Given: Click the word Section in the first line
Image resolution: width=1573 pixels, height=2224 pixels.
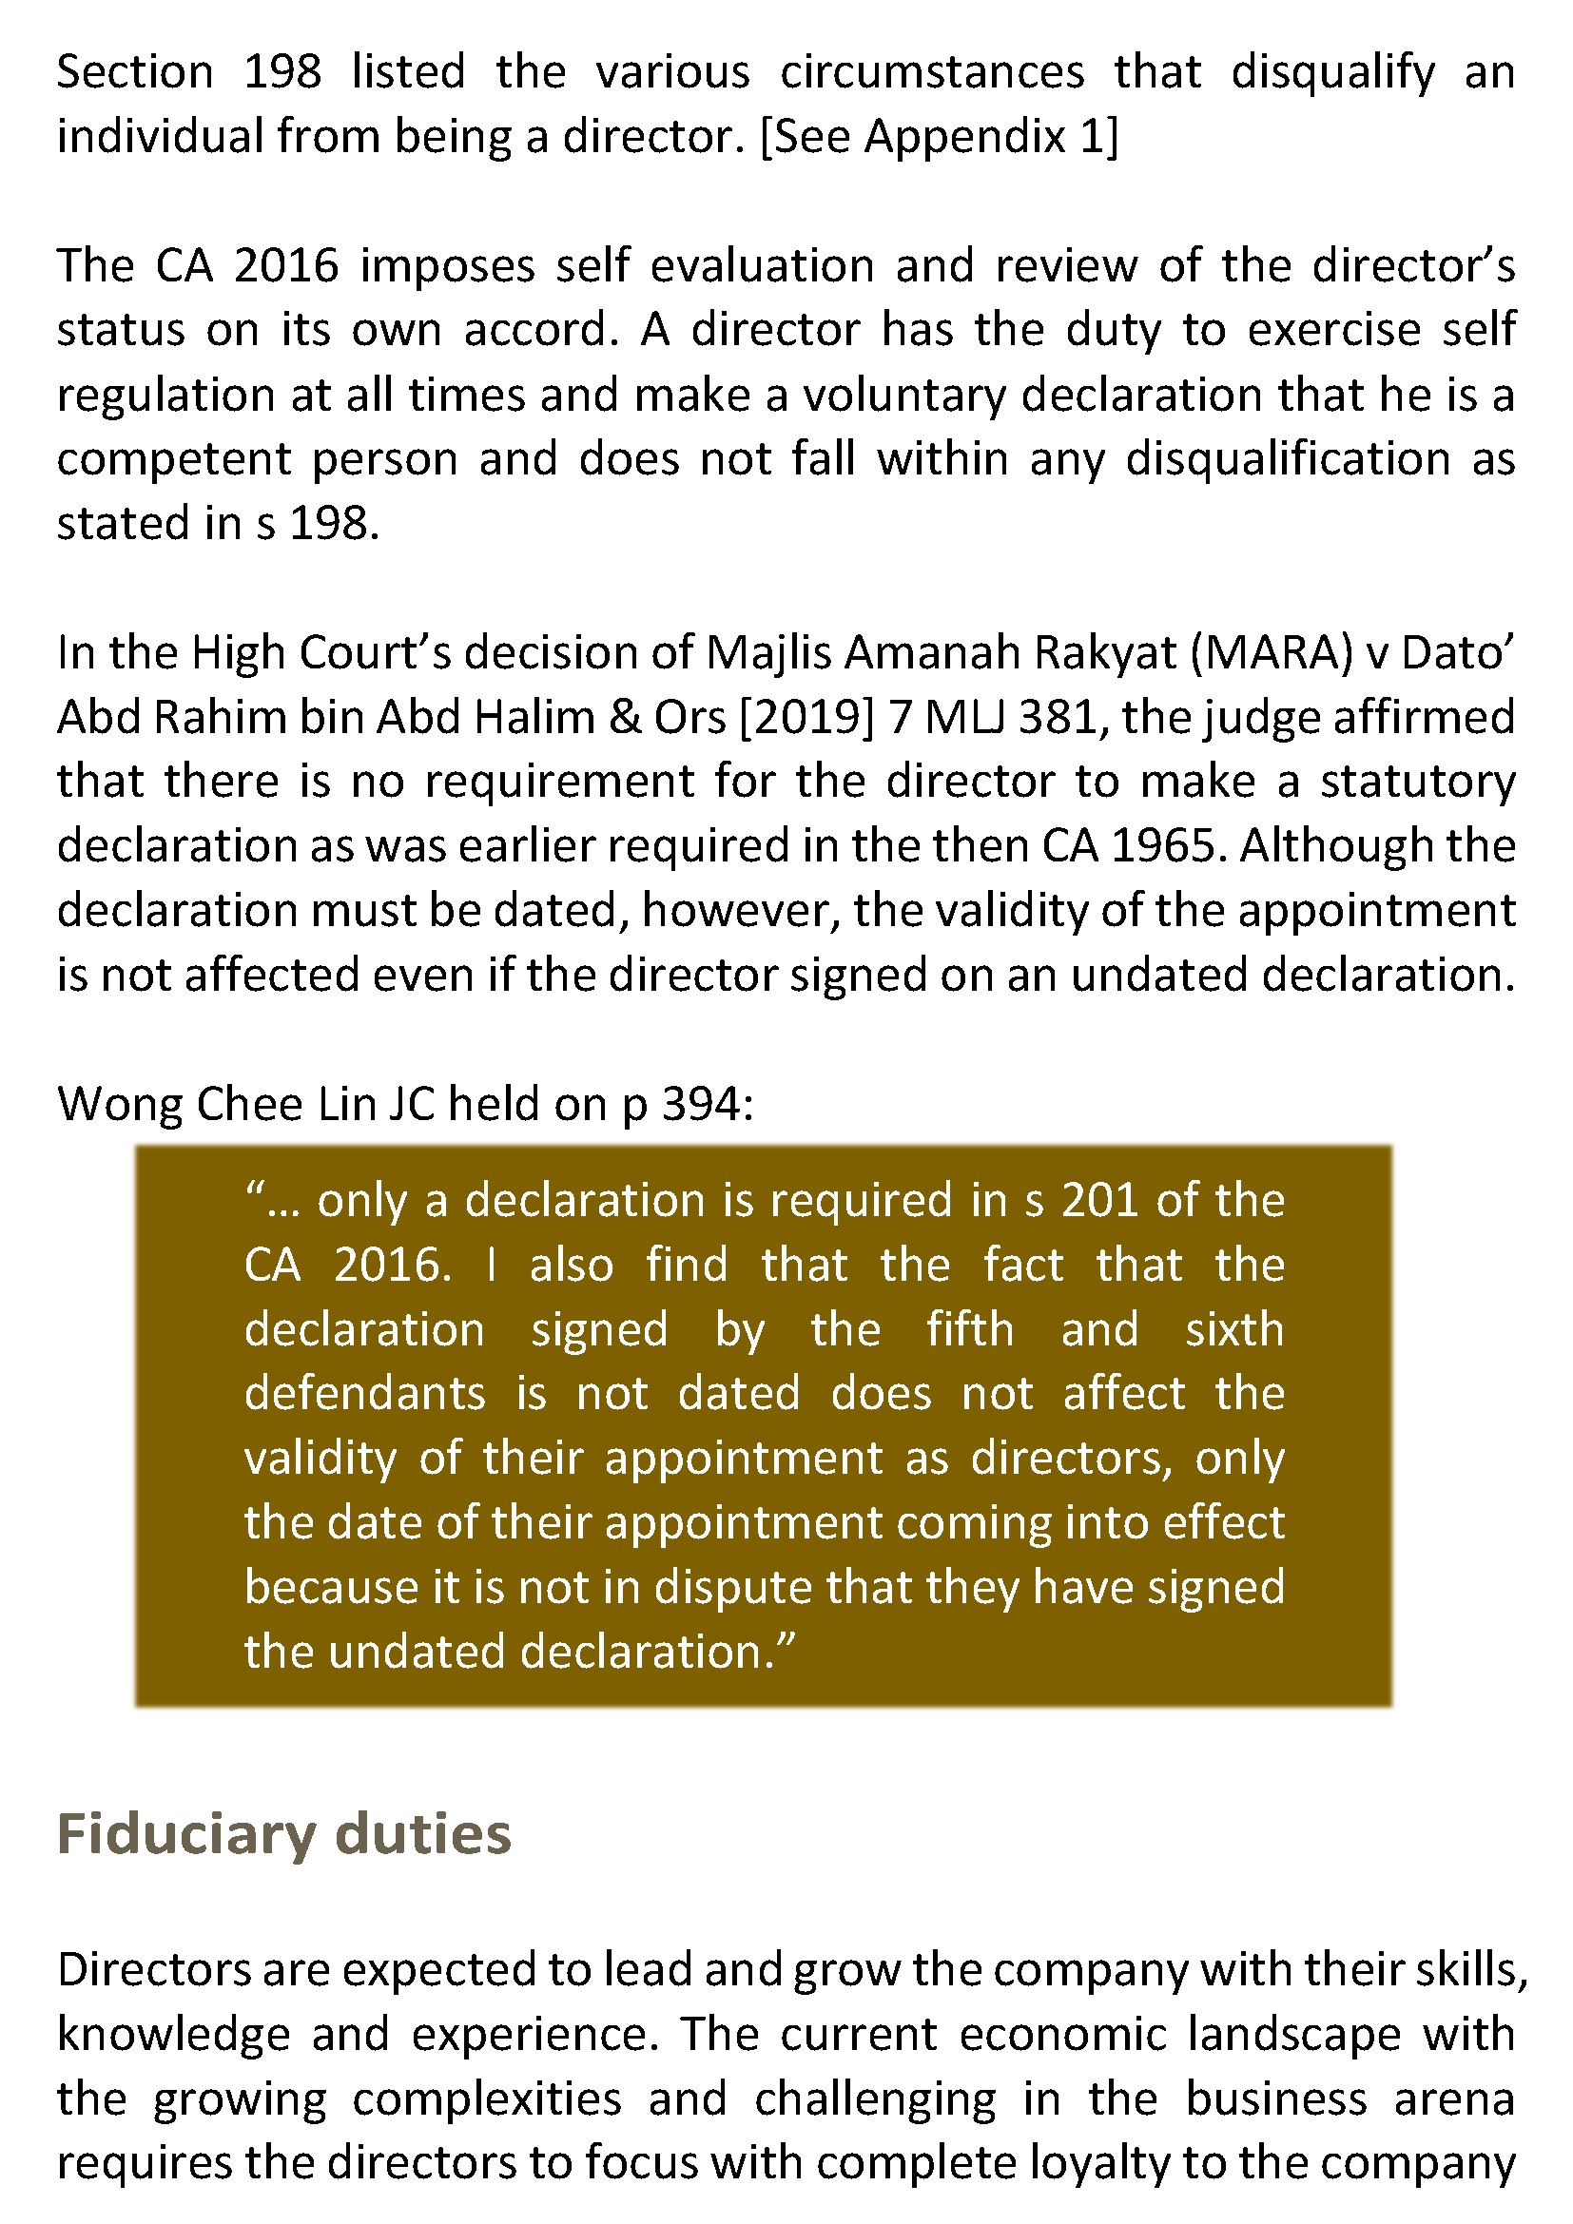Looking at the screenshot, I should point(135,72).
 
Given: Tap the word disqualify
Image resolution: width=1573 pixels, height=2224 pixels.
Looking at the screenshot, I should point(1332,72).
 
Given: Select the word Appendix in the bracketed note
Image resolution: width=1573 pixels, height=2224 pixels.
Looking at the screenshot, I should point(964,137).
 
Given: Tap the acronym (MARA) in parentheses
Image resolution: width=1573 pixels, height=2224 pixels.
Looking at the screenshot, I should point(1271,653).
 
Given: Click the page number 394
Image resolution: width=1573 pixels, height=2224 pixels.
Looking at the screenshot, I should point(700,1104).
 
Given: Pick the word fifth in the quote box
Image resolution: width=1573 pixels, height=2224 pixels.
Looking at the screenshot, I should point(969,1329).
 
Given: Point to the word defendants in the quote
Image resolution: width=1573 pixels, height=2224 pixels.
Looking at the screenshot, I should point(364,1394).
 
